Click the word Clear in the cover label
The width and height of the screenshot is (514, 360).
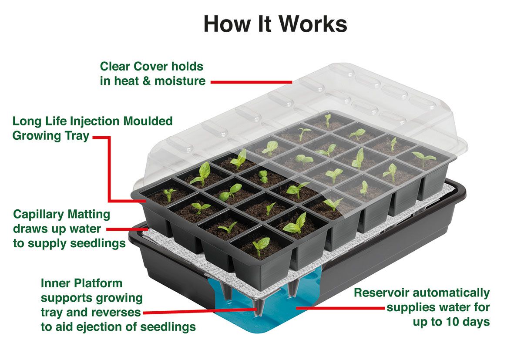(115, 66)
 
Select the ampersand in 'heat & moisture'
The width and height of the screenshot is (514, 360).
(147, 81)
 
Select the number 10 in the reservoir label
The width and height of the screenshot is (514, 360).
(452, 321)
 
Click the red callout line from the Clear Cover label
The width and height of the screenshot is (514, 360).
(251, 82)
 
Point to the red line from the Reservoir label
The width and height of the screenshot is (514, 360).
(340, 308)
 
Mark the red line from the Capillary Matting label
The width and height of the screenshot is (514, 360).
(127, 229)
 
